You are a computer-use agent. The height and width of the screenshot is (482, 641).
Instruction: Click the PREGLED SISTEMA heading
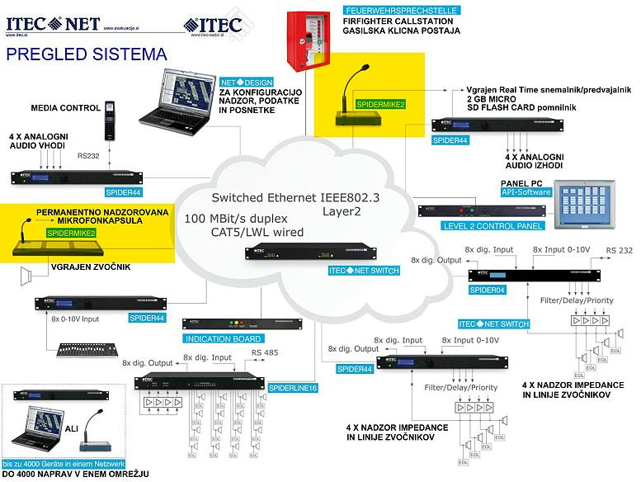(86, 55)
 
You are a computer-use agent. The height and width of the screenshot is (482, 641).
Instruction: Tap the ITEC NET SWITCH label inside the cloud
(364, 271)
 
